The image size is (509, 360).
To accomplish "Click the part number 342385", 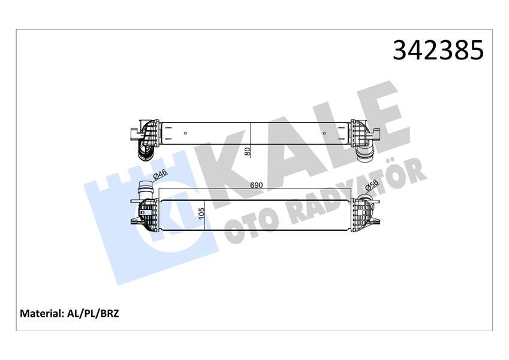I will pos(438,50).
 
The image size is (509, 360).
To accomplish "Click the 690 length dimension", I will pos(257,185).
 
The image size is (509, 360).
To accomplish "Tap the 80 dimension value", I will pos(248,151).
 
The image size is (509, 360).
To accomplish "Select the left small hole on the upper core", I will pos(186,133).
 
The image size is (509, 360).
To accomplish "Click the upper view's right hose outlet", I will pos(365,157).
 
